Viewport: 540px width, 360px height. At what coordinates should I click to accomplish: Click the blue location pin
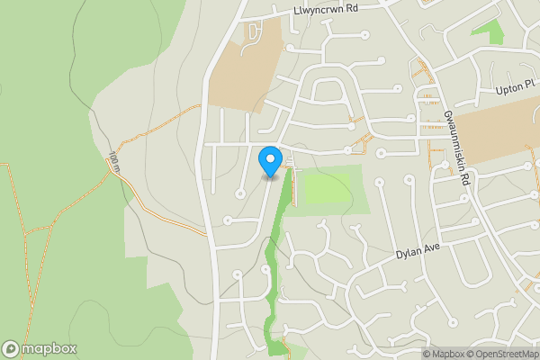269,162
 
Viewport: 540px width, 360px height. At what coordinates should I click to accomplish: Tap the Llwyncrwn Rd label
325,8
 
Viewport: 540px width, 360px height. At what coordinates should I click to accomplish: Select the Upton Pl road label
516,91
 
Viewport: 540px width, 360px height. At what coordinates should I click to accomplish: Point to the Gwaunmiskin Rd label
456,148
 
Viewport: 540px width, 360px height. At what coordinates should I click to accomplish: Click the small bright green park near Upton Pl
487,31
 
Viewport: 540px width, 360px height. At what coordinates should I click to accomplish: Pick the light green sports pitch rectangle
328,189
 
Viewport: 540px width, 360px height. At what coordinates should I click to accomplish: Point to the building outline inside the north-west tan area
253,33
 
